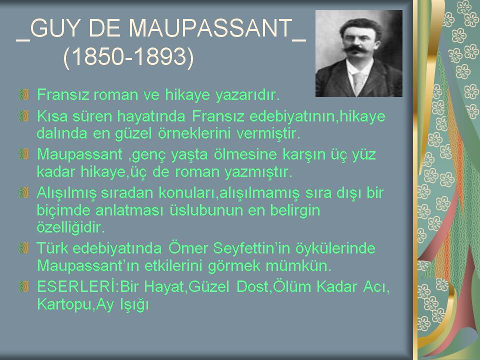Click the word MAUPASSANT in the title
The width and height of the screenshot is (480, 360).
click(x=210, y=28)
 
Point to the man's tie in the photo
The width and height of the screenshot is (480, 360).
click(x=356, y=80)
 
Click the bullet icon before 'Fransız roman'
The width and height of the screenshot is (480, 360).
click(x=23, y=94)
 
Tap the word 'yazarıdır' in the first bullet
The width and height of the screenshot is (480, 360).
click(x=247, y=94)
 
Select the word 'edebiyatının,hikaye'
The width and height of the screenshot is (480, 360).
click(x=317, y=116)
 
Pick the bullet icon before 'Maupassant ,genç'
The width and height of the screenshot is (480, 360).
click(x=23, y=153)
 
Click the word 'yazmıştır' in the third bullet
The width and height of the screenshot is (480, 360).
click(x=258, y=172)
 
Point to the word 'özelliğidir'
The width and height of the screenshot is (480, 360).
click(x=70, y=227)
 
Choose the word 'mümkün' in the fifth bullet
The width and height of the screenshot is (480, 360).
click(x=298, y=265)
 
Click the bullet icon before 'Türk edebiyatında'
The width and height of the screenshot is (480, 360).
click(x=23, y=248)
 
